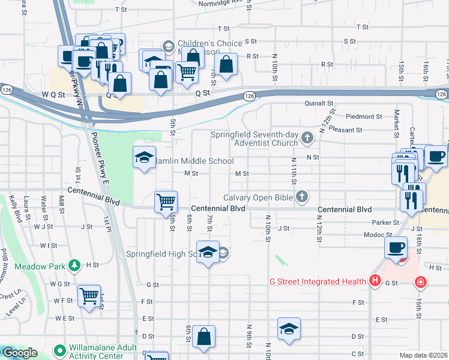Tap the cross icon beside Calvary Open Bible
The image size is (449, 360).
tap(302, 197)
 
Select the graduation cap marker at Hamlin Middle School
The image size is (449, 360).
tap(144, 158)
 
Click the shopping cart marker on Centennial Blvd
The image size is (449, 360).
tap(166, 202)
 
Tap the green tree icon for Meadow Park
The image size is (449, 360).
tap(74, 265)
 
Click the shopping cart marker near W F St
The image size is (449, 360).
tap(89, 296)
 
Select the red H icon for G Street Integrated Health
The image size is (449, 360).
tap(375, 281)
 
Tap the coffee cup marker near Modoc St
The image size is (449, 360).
tap(396, 247)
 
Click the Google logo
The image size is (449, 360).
tap(19, 353)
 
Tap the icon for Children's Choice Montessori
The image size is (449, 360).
tap(169, 45)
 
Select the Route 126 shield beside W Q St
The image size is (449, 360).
tap(7, 89)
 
